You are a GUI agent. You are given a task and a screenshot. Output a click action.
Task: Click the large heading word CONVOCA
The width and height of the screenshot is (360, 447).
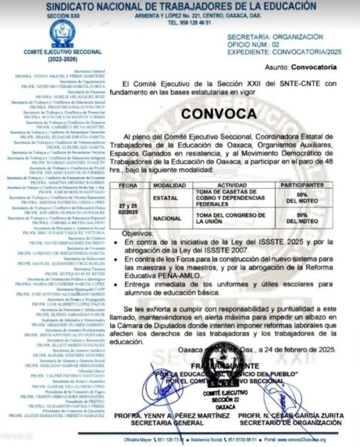219,114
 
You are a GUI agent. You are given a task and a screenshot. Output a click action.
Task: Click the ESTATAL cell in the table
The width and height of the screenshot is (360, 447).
165,198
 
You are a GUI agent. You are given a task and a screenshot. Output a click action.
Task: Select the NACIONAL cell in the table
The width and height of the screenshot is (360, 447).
165,218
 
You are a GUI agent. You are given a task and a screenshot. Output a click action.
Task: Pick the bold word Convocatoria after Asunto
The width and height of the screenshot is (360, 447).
314,67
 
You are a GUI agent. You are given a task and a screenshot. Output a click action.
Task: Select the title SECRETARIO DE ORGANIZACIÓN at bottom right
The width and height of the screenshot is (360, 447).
291,423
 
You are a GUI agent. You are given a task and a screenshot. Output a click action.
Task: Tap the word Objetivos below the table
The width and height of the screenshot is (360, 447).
137,233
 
